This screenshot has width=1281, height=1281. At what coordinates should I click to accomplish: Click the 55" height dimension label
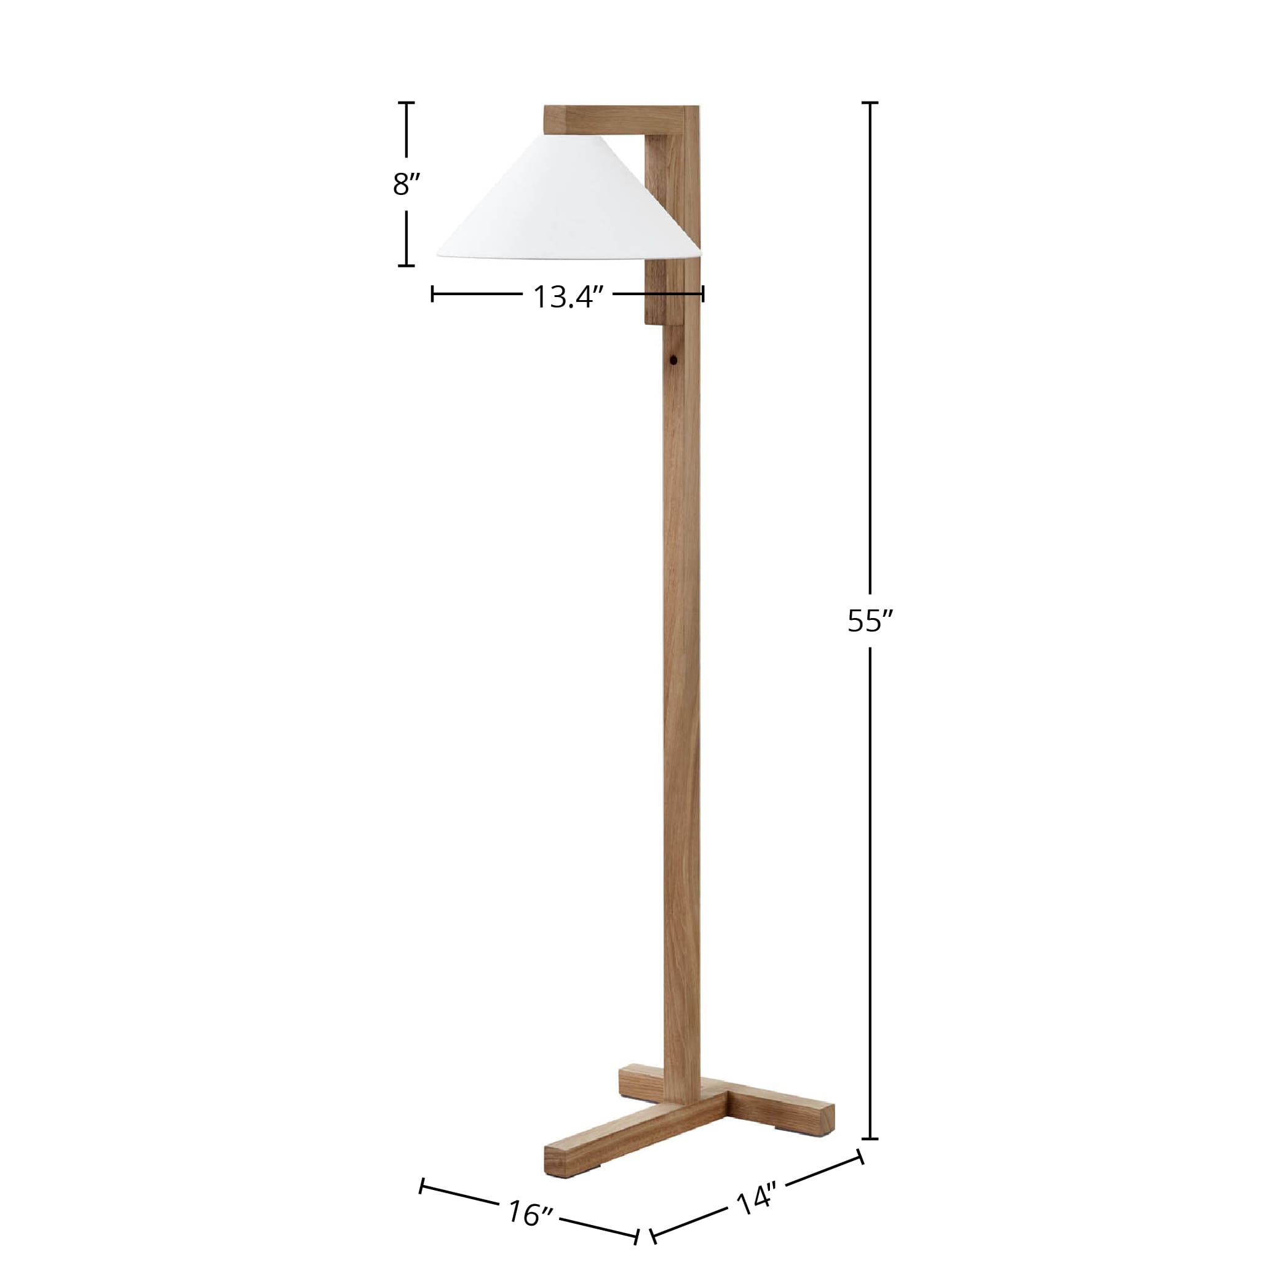(870, 621)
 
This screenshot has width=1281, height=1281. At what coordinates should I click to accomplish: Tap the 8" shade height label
(407, 184)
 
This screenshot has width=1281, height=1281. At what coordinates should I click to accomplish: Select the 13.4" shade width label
(567, 297)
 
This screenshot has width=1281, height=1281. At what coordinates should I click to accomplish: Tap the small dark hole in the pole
(673, 362)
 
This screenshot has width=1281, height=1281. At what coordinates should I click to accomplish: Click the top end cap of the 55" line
(870, 103)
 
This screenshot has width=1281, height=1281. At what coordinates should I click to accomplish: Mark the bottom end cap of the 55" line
(870, 1139)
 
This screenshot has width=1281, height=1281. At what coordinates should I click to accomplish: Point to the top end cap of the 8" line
(407, 103)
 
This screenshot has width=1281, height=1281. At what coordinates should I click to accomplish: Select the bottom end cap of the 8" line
(407, 265)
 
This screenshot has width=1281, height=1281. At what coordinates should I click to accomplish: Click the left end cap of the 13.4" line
(432, 294)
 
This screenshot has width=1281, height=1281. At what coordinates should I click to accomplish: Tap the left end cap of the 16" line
(422, 1186)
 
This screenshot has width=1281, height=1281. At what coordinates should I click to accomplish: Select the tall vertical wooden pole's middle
(681, 663)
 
